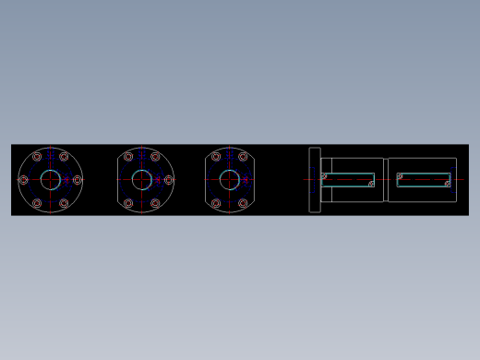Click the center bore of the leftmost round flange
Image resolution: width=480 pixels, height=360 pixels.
51,180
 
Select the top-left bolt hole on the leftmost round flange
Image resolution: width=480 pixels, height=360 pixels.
37,157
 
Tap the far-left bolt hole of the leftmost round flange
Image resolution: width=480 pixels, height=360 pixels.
24,180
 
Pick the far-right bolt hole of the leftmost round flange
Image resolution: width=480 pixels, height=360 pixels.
78,180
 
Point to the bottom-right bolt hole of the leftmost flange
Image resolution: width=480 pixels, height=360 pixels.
64,203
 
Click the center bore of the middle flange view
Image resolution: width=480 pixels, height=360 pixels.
141,180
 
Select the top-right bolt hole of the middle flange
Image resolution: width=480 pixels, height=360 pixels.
155,157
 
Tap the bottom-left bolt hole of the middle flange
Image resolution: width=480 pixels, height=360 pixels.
128,203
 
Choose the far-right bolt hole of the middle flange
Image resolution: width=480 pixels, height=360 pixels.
168,180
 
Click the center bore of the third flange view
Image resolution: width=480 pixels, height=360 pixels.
230,180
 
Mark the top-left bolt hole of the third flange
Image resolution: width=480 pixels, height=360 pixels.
216,157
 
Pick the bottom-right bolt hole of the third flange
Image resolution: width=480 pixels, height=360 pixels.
243,203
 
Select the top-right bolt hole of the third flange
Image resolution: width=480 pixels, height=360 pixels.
243,157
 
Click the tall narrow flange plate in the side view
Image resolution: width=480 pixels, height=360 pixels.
315,180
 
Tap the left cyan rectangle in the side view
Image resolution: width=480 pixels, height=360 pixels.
348,179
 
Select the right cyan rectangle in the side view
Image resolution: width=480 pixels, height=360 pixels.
424,179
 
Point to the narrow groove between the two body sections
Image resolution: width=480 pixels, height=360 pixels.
386,180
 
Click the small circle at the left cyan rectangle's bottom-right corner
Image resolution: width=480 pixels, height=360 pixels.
371,184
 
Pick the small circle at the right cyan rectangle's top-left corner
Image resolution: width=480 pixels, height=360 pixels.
400,175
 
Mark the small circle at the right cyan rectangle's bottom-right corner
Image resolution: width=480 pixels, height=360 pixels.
448,184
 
